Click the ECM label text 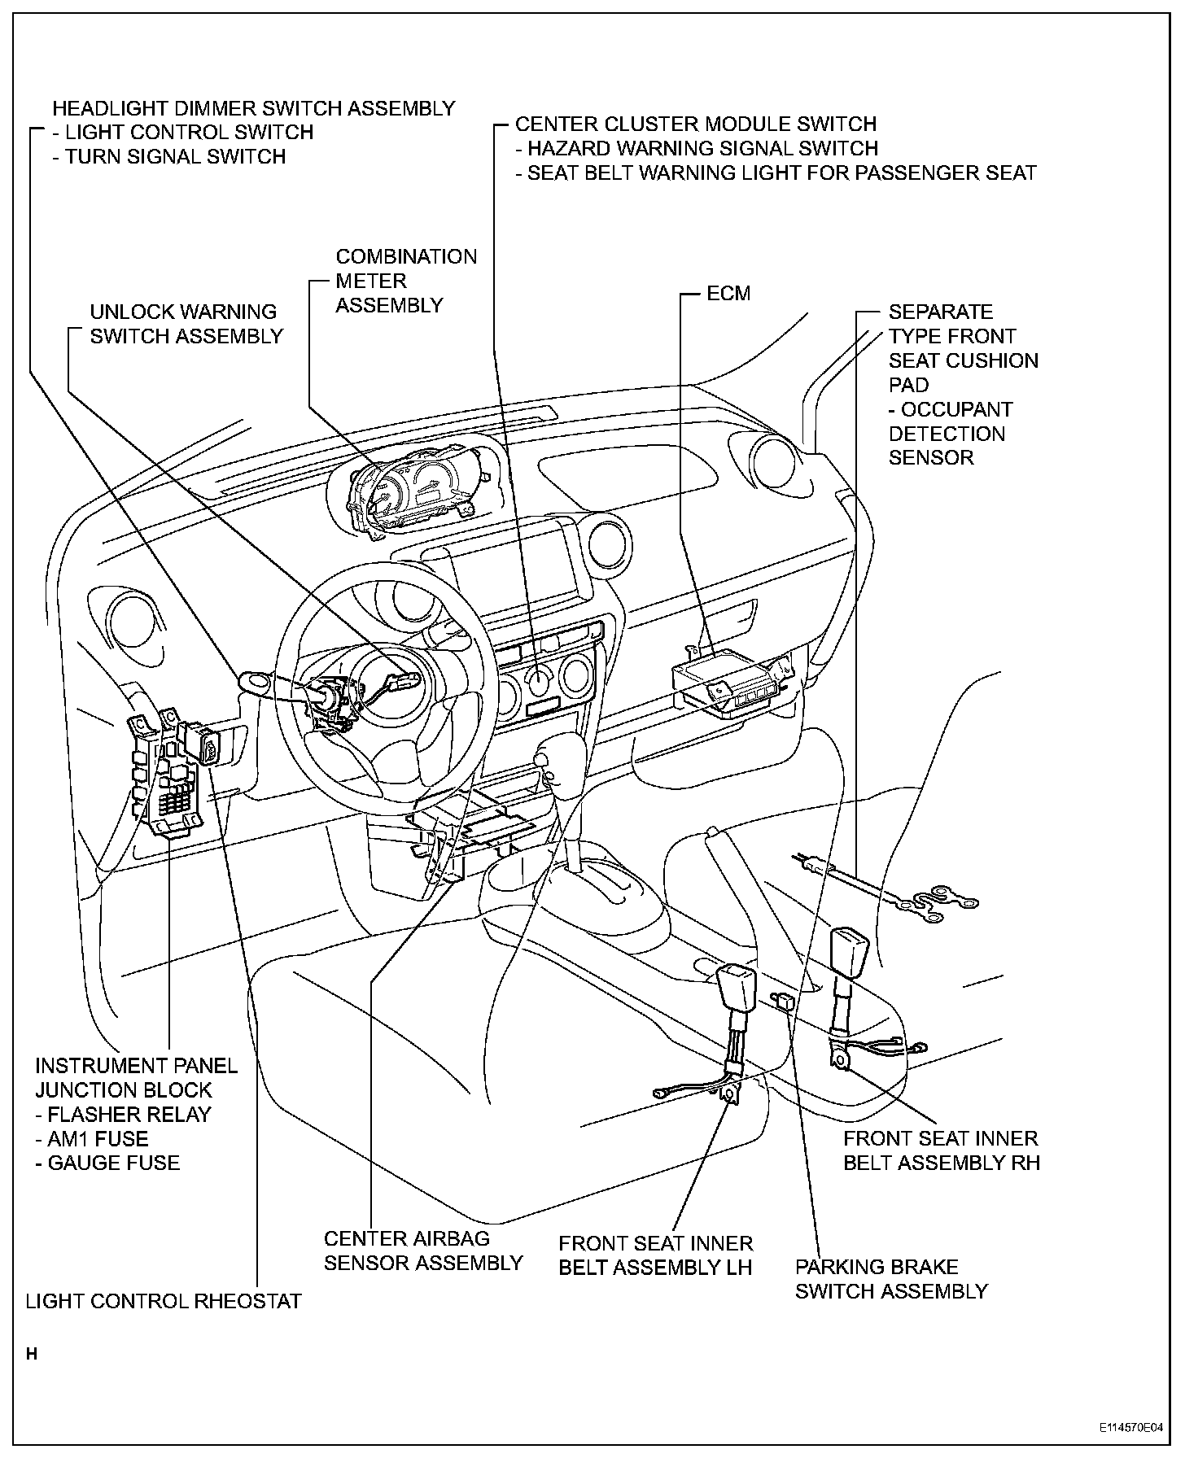coord(728,294)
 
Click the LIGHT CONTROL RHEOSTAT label coord(164,1301)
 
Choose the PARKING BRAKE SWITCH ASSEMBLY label coord(891,1279)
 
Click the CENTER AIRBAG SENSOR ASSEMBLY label coord(422,1251)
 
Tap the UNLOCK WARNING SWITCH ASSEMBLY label coord(186,324)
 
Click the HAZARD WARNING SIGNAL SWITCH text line coord(702,148)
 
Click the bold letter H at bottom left coord(32,1355)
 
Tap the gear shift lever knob coord(542,761)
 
